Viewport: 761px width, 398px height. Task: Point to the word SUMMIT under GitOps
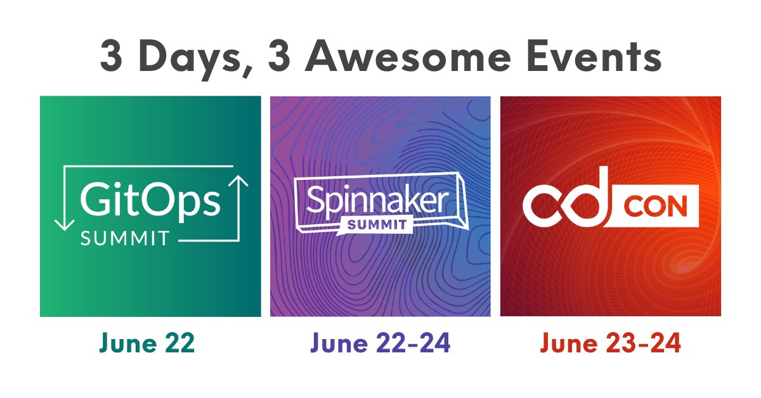coord(125,238)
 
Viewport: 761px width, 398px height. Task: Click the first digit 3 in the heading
coord(112,58)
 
